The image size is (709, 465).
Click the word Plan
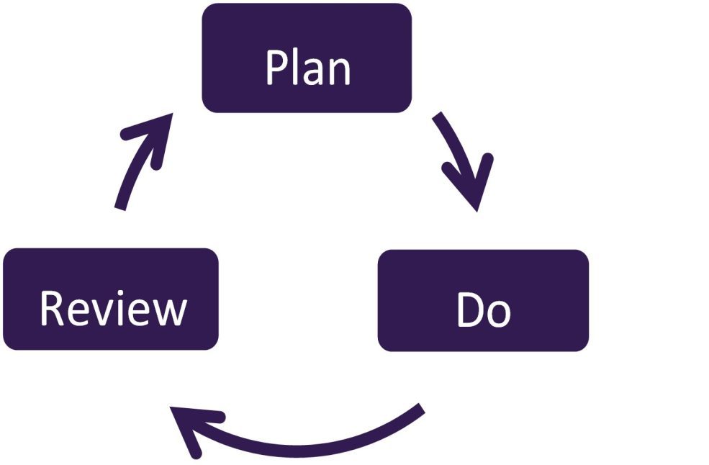(307, 68)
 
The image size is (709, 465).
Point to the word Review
(113, 309)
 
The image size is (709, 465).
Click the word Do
(484, 311)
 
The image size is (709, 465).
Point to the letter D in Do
(469, 310)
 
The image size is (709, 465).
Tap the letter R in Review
(51, 308)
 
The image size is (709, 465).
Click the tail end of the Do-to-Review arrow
(420, 410)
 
